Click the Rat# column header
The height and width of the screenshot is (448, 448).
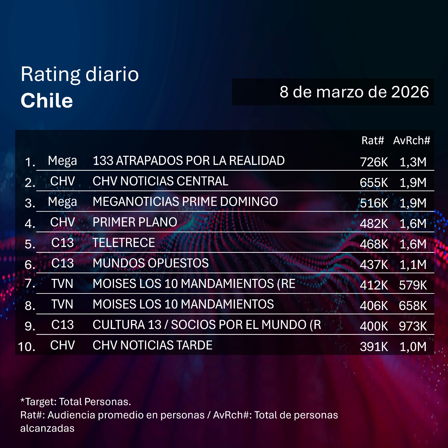coord(372,140)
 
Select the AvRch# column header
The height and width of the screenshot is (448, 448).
coord(411,140)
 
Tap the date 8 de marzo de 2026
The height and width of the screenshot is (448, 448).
coord(354,92)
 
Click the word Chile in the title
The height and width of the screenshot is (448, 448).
coord(47,101)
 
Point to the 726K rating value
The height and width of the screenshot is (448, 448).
coord(374,162)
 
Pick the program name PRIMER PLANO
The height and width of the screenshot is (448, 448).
coord(135,222)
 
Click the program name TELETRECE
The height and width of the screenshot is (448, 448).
coord(123,243)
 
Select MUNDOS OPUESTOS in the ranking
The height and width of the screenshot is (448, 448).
coord(150,263)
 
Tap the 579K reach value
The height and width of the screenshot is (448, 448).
coord(413,285)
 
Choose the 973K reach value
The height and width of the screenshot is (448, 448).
coord(413,326)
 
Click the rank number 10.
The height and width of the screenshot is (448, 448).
coord(27,347)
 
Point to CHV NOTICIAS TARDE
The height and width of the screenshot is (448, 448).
coord(152,345)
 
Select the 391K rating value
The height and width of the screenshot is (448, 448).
coord(374,347)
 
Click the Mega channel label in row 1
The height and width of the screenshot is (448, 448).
coord(62,161)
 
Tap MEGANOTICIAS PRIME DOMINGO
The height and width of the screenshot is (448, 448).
coord(185,202)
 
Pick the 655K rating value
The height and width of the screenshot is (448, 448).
coord(374,183)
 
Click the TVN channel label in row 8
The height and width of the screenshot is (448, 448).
coord(62,304)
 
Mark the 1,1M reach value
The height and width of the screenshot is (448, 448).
coord(413,265)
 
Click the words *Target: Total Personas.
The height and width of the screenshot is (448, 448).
coord(76,402)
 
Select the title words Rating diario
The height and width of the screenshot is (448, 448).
coord(80,74)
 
